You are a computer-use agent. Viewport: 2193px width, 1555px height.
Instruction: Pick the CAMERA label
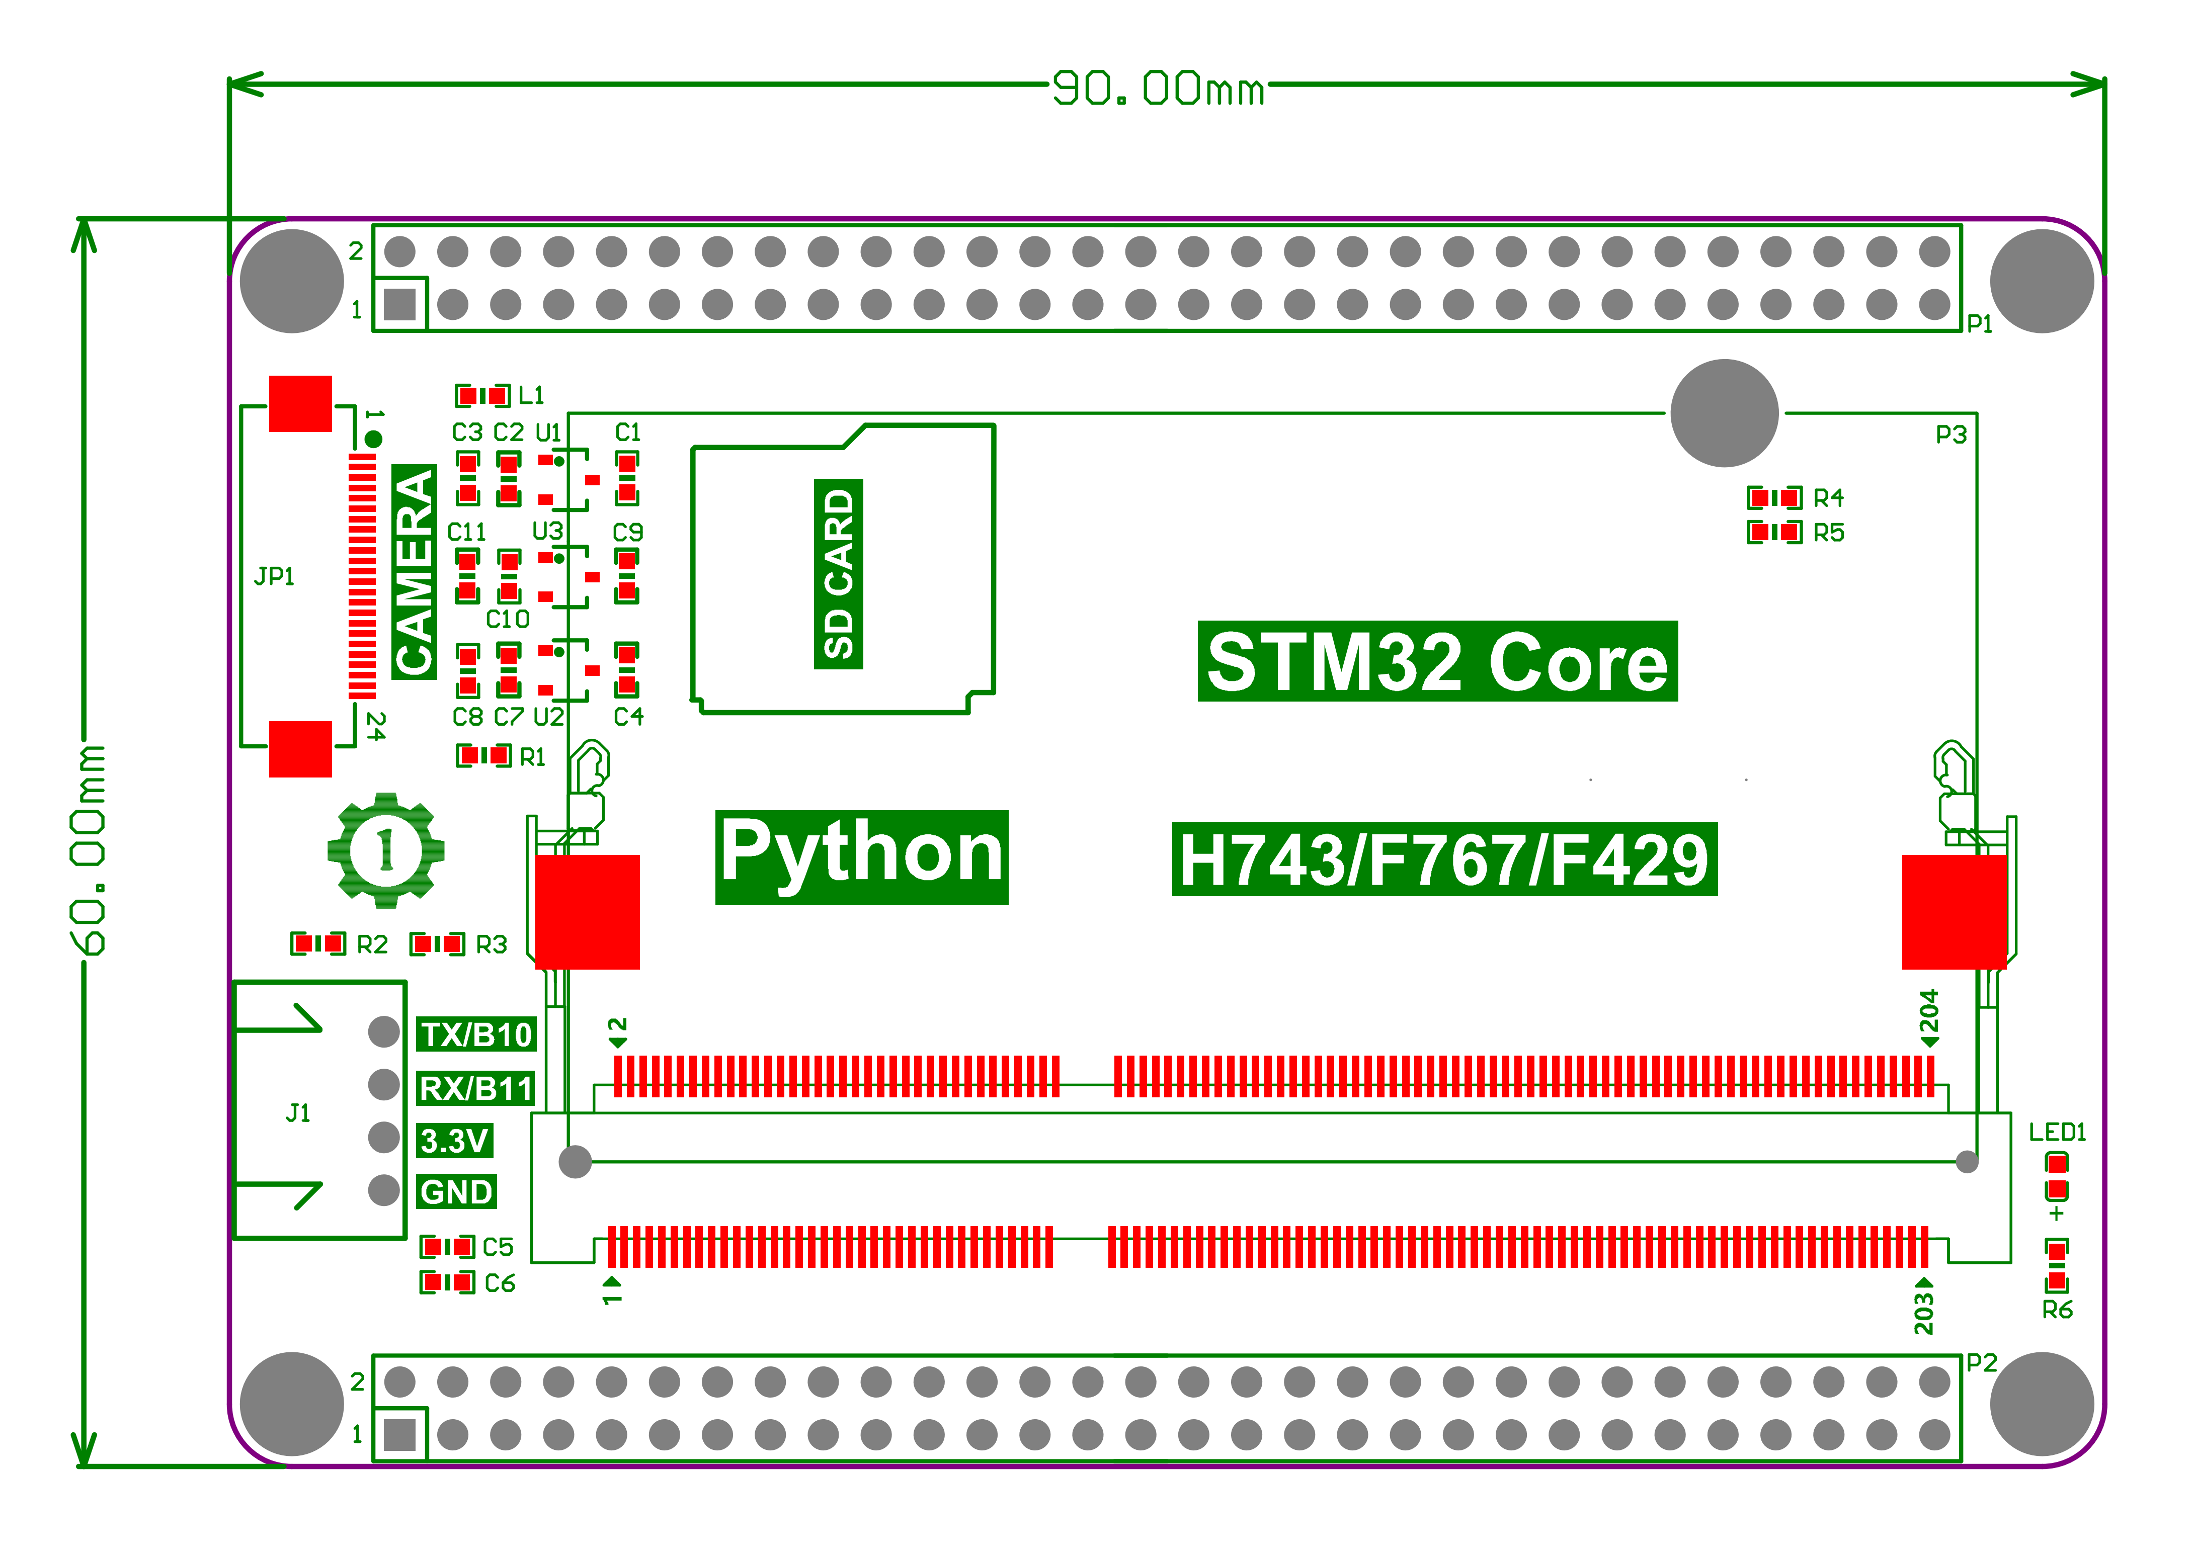tap(414, 572)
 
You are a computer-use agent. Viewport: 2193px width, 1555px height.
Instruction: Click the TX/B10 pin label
tap(476, 1034)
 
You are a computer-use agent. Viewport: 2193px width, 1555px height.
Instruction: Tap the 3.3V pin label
tap(455, 1141)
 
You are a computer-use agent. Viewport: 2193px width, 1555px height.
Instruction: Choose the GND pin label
tap(457, 1192)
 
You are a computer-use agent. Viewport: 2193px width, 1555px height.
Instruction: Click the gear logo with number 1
tap(386, 849)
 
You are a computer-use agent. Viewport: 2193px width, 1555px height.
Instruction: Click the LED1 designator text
tap(2057, 1132)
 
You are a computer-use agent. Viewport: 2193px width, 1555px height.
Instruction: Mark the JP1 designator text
tap(274, 575)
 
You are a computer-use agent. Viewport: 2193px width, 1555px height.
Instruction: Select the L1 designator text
tap(531, 395)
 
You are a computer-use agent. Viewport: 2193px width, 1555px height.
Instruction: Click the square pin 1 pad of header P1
tap(399, 304)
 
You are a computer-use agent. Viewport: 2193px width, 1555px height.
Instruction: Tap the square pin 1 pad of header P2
tap(399, 1434)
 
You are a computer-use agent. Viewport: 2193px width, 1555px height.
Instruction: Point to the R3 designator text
tap(491, 945)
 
